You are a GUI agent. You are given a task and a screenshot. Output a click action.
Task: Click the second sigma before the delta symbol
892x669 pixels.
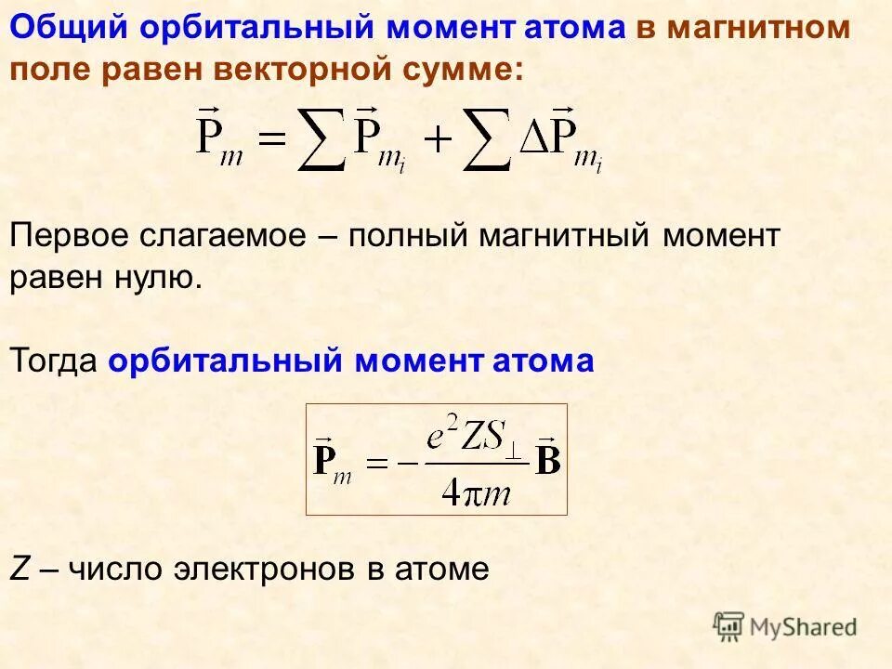(488, 142)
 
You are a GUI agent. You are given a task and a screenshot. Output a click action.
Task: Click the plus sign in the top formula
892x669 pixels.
(438, 142)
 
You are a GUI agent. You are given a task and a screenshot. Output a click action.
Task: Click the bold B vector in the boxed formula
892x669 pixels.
(548, 458)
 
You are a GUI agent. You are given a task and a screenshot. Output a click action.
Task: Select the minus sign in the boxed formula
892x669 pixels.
(405, 462)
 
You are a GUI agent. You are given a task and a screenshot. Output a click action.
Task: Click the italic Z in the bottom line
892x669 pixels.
(19, 569)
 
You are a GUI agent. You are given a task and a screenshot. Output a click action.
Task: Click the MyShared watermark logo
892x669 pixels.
(785, 626)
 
